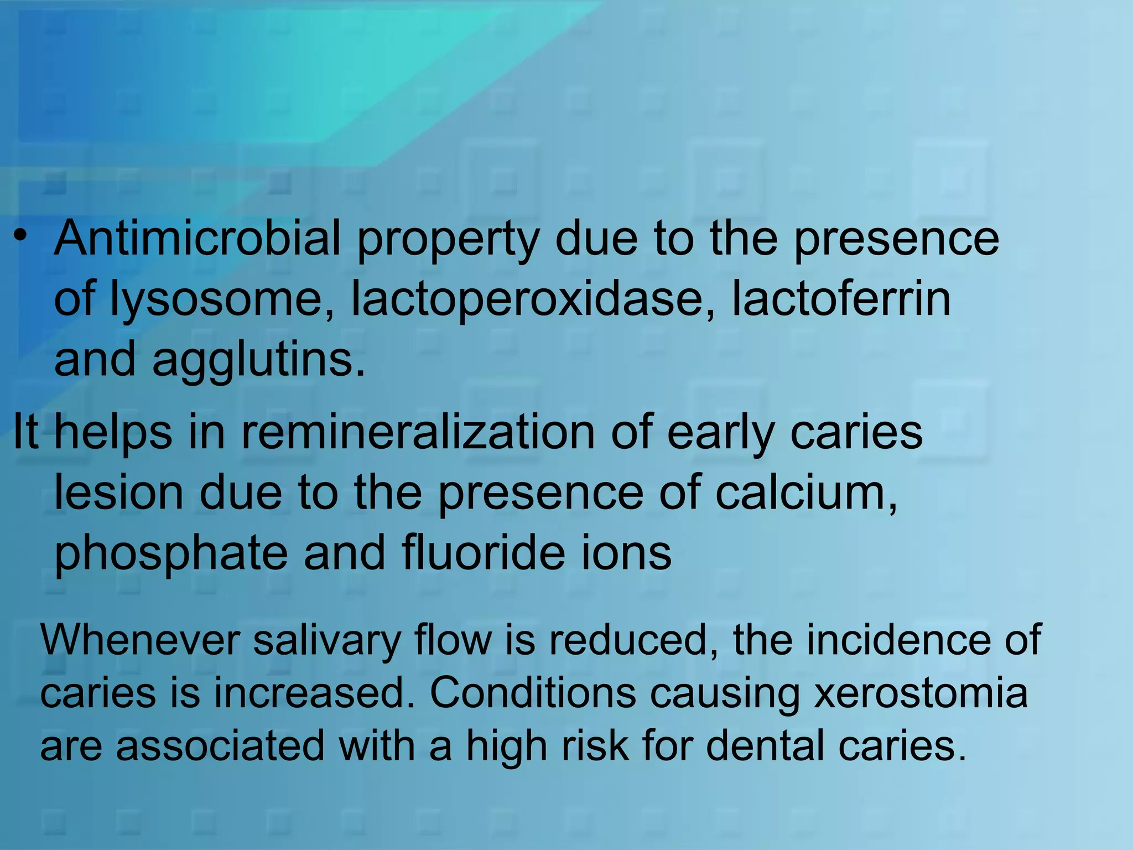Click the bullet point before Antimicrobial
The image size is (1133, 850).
point(20,237)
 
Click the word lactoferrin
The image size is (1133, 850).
point(841,299)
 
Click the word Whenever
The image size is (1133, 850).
point(140,640)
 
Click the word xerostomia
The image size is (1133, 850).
point(921,693)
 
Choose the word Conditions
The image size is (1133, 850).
point(533,693)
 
